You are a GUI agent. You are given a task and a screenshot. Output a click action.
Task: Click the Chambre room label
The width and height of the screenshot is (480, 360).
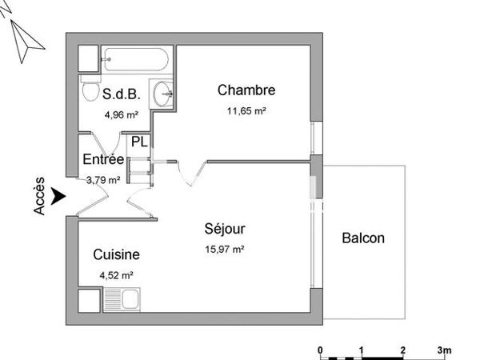[246, 90]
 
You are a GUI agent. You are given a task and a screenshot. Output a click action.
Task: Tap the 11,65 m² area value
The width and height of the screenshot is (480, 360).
[246, 112]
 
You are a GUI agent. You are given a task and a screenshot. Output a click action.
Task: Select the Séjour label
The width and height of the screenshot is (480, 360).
[225, 229]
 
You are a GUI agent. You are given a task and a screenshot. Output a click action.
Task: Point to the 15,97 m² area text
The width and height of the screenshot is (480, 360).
[225, 249]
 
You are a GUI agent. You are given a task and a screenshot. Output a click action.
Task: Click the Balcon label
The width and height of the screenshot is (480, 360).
[363, 238]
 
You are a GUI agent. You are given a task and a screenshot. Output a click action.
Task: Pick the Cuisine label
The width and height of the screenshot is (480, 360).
[117, 255]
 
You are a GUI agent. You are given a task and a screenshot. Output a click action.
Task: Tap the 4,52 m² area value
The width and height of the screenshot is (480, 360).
[116, 276]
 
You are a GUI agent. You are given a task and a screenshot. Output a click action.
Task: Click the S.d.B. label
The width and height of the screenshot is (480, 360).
[122, 94]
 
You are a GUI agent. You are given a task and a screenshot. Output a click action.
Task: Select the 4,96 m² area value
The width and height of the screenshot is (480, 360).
[121, 114]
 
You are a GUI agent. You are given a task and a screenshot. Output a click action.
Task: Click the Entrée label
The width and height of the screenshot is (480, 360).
[103, 159]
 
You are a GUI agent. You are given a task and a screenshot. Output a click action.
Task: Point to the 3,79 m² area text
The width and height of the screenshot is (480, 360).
[103, 179]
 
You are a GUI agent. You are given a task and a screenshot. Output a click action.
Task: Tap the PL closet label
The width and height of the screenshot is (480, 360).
[139, 142]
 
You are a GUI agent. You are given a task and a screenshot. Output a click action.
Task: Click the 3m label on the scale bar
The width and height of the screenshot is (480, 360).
[444, 350]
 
